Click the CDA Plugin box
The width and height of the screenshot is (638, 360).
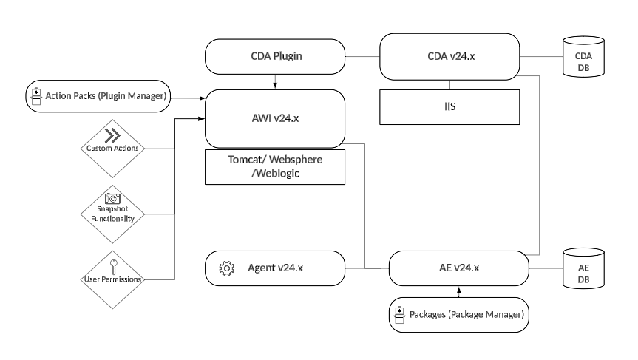point(275,57)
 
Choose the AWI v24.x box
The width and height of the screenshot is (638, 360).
point(275,118)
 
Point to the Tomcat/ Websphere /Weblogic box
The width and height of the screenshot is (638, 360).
point(275,166)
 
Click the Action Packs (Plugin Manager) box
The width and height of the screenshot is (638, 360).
point(98,96)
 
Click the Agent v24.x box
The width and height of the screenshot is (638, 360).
point(275,268)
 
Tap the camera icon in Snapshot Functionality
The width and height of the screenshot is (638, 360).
point(112,198)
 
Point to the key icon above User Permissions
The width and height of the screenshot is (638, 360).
point(112,262)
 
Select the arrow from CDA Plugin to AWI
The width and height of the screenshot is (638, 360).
point(275,81)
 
